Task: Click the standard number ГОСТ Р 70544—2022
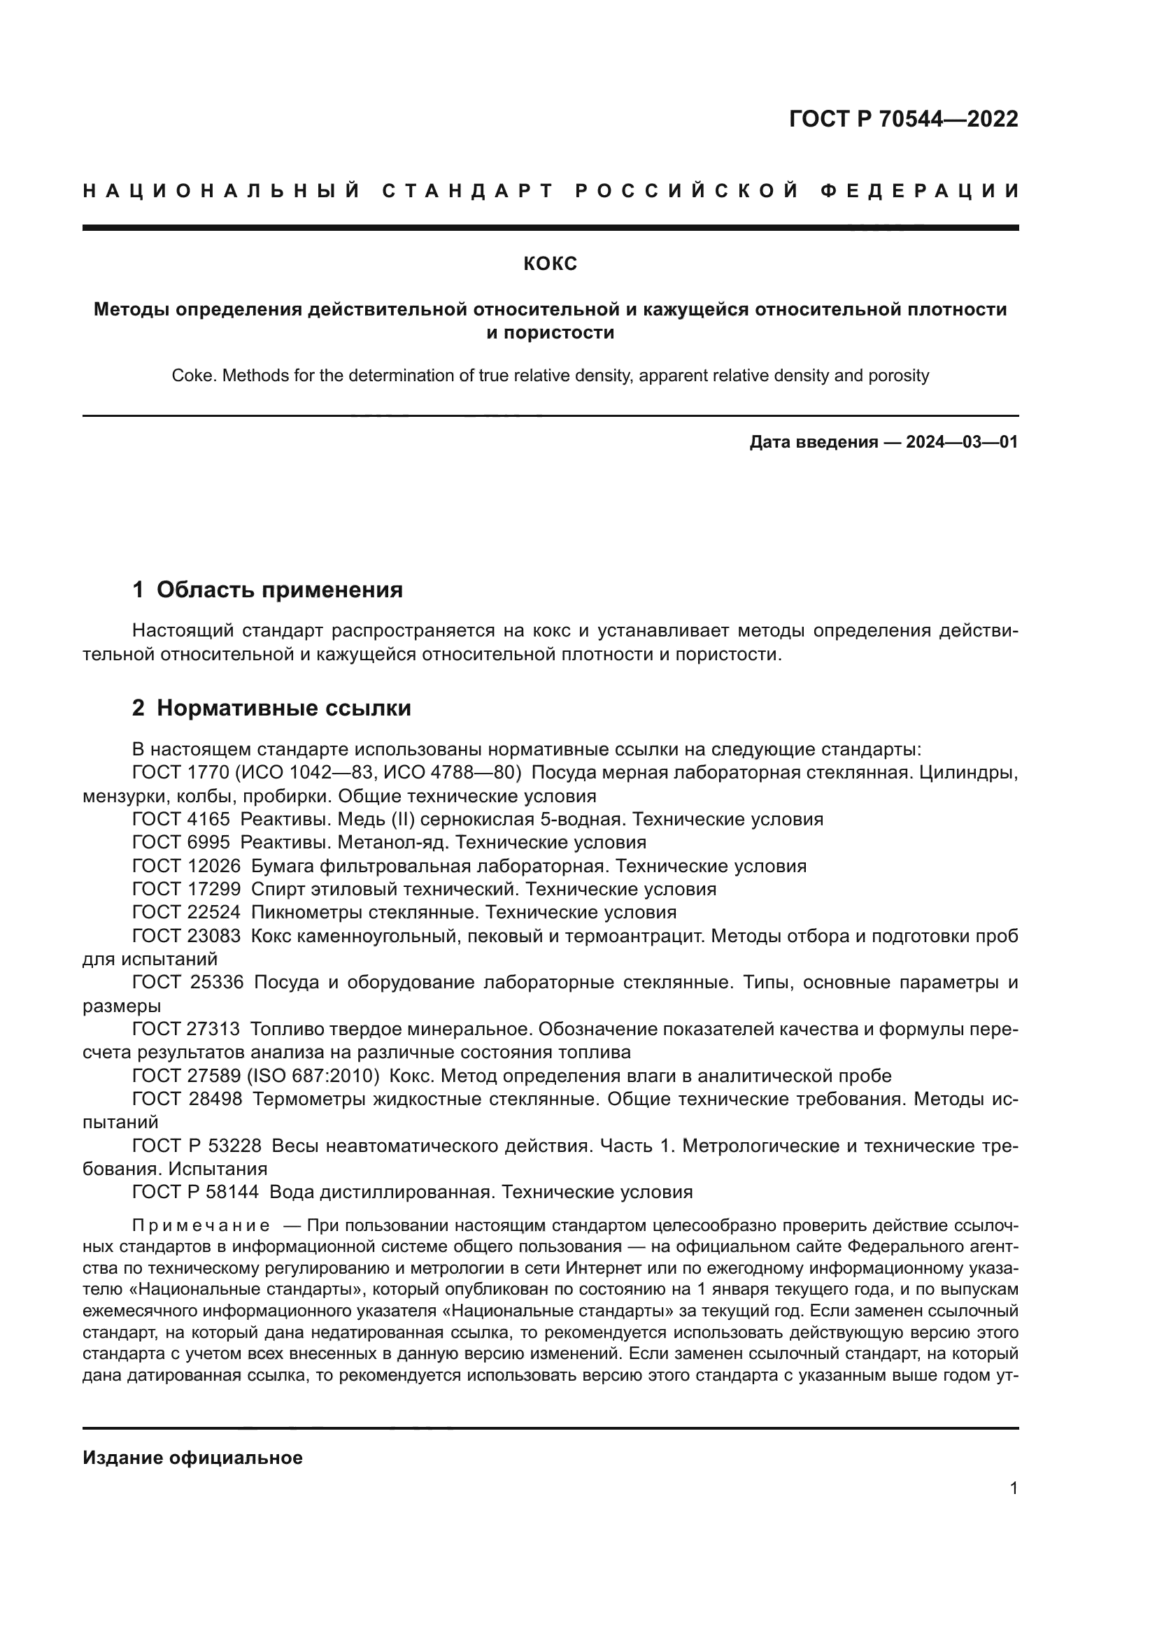(903, 119)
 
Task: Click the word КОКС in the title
(550, 264)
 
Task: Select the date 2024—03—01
(962, 443)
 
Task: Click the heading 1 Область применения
(268, 590)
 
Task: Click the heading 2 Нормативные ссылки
(271, 709)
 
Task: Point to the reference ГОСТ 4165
(181, 820)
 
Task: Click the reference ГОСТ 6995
(181, 843)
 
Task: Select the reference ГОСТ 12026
(186, 867)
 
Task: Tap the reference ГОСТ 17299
(186, 889)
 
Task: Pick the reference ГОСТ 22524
(186, 913)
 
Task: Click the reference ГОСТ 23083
(186, 937)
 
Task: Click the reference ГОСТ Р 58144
(196, 1193)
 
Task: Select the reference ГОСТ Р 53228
(197, 1146)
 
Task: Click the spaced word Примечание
(201, 1226)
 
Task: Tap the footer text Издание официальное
(192, 1458)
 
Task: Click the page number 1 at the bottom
(1014, 1488)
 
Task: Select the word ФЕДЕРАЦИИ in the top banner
(920, 191)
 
